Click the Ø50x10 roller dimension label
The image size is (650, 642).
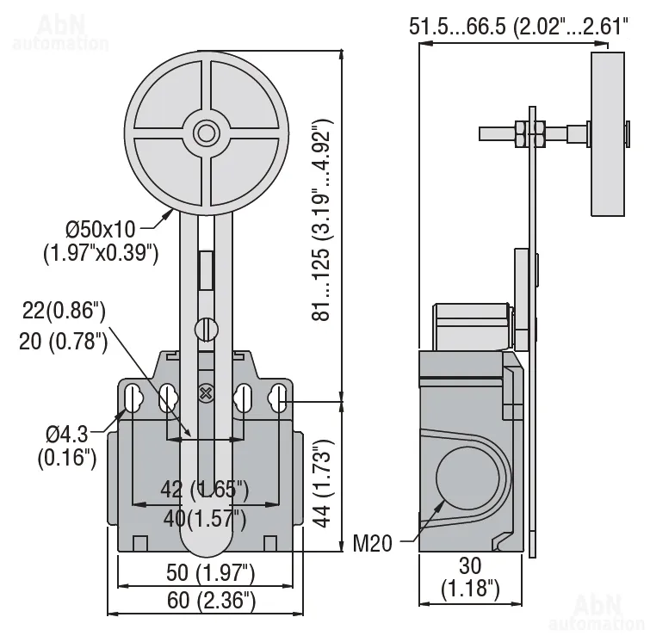coord(101,241)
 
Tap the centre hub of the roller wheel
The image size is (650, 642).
coord(206,133)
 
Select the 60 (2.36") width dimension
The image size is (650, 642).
coord(211,601)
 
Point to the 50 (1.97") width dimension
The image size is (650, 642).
coord(211,573)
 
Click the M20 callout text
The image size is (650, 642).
coord(372,543)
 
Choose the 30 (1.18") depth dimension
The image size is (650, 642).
coord(471,577)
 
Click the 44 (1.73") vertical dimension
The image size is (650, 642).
coord(322,483)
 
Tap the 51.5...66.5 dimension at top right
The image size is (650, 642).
coord(518,27)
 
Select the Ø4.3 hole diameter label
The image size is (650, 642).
coord(67,446)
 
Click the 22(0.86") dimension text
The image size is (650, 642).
coord(64,311)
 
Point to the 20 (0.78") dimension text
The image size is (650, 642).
coord(63,342)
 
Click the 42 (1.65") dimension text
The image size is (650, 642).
coord(205,490)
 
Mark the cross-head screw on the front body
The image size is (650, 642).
coord(206,393)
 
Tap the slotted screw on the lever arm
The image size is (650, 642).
coord(206,330)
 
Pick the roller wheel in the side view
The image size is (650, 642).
coord(608,134)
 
